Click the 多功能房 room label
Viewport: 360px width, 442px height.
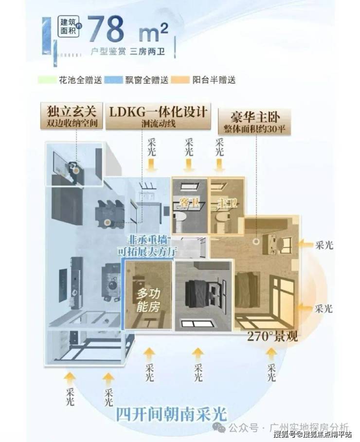point(148,300)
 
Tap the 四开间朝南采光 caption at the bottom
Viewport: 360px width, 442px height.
point(171,414)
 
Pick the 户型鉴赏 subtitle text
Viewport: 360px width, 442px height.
point(108,51)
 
